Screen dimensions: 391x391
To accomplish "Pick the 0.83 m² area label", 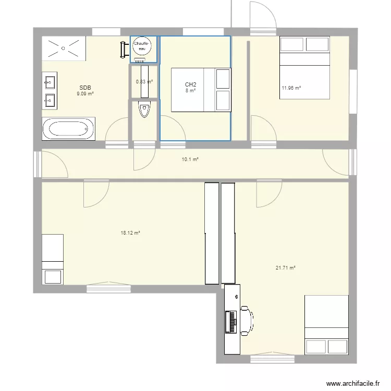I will click(144, 81).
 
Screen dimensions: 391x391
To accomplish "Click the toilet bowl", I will click(144, 110).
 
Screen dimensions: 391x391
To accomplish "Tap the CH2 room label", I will click(190, 84).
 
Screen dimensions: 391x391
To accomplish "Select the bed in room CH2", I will click(201, 90).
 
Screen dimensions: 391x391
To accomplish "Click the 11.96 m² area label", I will click(291, 88).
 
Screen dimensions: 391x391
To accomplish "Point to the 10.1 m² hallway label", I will click(190, 160).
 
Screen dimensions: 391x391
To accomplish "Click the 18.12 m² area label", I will click(130, 233).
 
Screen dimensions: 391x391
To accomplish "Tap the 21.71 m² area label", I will click(286, 268).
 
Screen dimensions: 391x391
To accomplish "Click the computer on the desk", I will click(230, 321).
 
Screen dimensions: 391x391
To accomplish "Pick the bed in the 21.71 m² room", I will click(326, 325).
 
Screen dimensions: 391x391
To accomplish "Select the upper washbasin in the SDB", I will click(50, 82).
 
